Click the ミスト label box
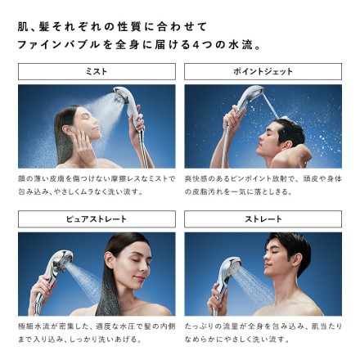pos(97,72)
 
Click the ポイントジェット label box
pos(263,72)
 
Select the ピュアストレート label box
pos(97,219)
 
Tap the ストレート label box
pos(263,219)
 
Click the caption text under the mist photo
pos(97,184)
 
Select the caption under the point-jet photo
pos(263,184)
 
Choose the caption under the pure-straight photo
pos(97,331)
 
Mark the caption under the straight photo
pos(263,331)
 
